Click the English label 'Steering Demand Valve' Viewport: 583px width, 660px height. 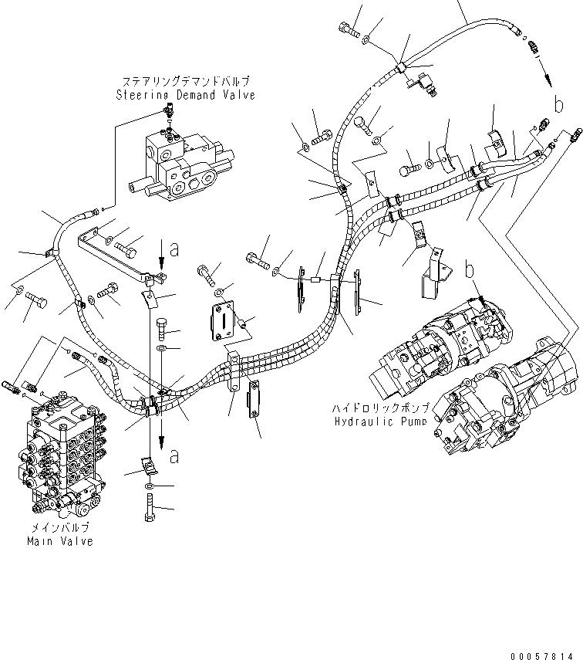pyautogui.click(x=185, y=95)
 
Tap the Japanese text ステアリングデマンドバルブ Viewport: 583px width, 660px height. pyautogui.click(x=185, y=81)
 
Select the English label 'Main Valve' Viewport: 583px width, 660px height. pyautogui.click(x=60, y=541)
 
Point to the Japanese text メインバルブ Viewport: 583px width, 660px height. pyautogui.click(x=60, y=527)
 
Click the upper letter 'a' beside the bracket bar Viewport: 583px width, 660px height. pyautogui.click(x=174, y=249)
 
